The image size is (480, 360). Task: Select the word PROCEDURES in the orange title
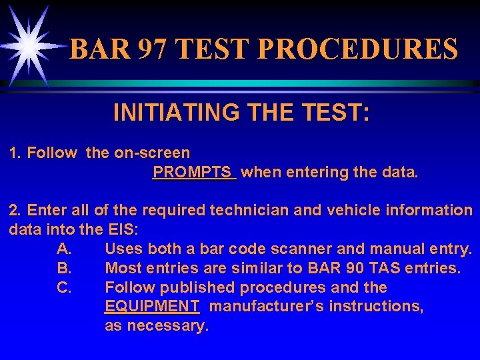pyautogui.click(x=357, y=49)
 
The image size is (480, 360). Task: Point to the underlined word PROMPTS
pyautogui.click(x=194, y=173)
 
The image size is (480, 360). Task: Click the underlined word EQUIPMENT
pyautogui.click(x=152, y=307)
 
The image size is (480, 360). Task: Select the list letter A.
pyautogui.click(x=64, y=249)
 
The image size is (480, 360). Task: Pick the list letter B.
pyautogui.click(x=64, y=269)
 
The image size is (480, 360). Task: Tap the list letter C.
pyautogui.click(x=64, y=288)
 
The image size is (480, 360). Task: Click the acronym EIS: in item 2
pyautogui.click(x=125, y=230)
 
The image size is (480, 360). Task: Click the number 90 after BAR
pyautogui.click(x=351, y=269)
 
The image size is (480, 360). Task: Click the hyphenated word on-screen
pyautogui.click(x=152, y=153)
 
